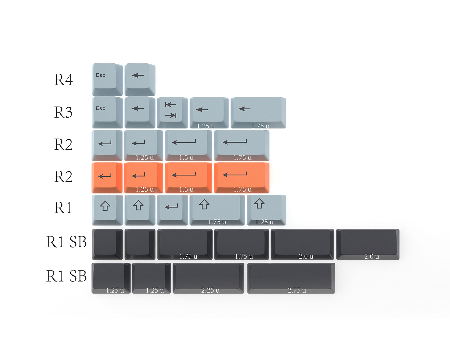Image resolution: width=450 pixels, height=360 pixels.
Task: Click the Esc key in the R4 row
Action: [107, 80]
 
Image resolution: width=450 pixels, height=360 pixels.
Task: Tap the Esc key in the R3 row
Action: [107, 112]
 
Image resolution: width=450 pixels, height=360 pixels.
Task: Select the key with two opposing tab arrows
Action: [172, 112]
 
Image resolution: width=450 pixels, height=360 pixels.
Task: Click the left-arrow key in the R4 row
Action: [140, 80]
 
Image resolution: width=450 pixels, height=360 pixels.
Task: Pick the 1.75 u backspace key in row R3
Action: [258, 112]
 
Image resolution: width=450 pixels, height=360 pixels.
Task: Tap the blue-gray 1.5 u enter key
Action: [189, 146]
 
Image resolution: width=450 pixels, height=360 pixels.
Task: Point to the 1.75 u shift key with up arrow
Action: [217, 210]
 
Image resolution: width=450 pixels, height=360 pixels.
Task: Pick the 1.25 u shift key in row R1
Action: [266, 210]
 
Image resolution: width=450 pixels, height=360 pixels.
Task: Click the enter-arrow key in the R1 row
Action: [172, 210]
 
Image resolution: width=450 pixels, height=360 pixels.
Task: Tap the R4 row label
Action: [63, 80]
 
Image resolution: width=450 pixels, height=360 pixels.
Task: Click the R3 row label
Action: [63, 112]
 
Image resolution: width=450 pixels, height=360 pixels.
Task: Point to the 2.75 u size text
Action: [297, 290]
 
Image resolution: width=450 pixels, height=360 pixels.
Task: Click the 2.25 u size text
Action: [210, 290]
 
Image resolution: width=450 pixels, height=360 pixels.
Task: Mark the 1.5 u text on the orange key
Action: [186, 190]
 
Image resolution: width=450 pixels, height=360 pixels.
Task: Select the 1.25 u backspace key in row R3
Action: [209, 112]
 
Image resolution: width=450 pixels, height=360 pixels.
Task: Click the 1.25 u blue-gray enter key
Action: [144, 146]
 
